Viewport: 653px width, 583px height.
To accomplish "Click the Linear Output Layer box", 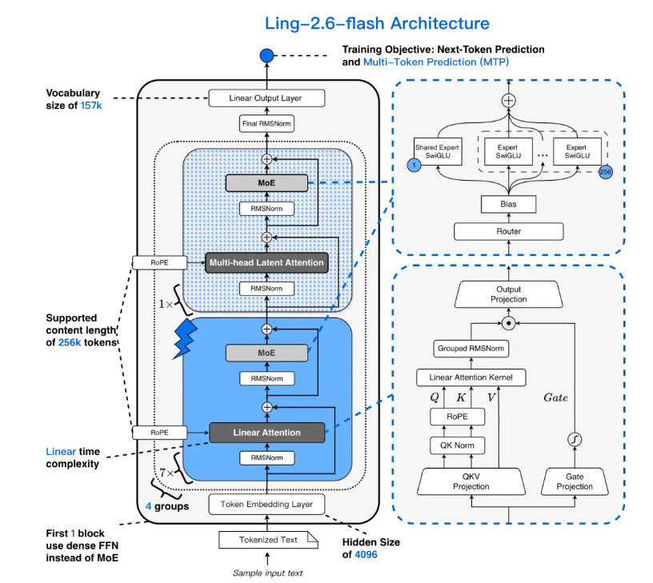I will pos(266,98).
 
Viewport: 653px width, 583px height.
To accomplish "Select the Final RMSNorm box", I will pos(266,124).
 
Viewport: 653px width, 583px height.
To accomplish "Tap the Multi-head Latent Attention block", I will pos(266,262).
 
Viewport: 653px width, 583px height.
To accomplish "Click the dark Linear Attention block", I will pos(266,433).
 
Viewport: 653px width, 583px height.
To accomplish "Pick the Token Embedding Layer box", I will pos(266,504).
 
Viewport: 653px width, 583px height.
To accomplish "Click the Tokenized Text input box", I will pos(266,540).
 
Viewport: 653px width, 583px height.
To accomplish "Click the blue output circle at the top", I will pos(266,56).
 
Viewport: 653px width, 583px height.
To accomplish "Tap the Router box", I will pos(509,231).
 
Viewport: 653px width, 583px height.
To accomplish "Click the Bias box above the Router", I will pos(509,205).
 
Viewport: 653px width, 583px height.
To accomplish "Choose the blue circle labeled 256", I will pos(606,171).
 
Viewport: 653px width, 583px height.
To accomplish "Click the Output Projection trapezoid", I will pos(509,294).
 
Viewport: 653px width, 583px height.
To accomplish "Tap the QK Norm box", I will pos(452,446).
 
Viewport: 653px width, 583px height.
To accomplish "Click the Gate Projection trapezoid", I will pos(575,481).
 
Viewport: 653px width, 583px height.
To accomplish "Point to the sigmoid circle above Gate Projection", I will pos(575,438).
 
